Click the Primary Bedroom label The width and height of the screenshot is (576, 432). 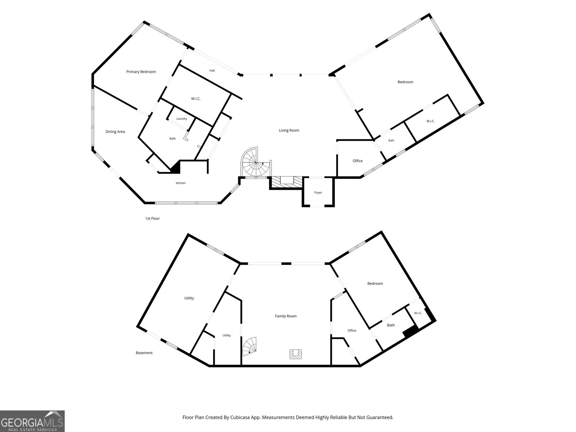pos(141,72)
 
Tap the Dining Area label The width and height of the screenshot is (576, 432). pos(115,132)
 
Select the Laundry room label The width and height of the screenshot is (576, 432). pos(181,118)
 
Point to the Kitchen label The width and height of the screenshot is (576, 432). pos(181,183)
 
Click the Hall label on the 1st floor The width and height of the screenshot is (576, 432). pos(212,71)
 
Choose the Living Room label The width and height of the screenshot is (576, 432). pos(289,130)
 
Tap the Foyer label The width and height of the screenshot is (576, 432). pos(318,193)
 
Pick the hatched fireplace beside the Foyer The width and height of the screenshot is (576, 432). pos(287,182)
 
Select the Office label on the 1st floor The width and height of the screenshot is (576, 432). pos(357,161)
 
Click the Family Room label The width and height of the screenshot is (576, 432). pos(286,316)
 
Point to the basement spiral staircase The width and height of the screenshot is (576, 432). pos(249,346)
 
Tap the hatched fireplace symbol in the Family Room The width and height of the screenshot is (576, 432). pos(296,354)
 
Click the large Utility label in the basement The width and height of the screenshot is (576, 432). pos(189,298)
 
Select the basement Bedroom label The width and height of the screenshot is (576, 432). pos(375,284)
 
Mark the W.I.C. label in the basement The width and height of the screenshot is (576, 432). pos(418,313)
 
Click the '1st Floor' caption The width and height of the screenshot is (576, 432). pos(153,218)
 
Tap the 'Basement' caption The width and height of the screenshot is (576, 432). pos(144,353)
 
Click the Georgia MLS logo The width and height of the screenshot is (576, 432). pos(32,421)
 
